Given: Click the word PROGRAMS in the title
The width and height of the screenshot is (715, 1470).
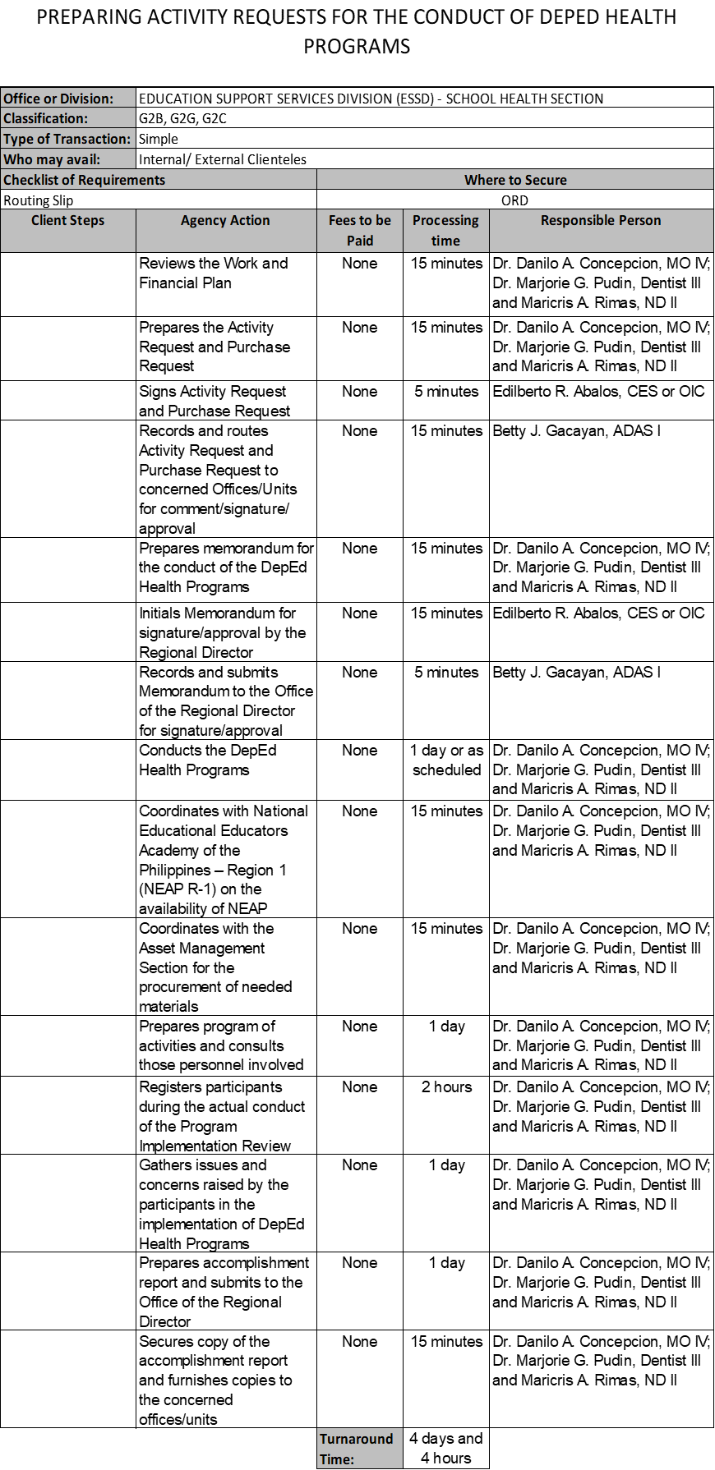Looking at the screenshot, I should pos(357,47).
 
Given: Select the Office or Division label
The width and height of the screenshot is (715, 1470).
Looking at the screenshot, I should pos(58,99).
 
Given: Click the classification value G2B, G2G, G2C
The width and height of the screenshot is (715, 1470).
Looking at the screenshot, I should pos(182,118).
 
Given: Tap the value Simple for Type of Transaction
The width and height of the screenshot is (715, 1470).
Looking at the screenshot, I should pos(159,139).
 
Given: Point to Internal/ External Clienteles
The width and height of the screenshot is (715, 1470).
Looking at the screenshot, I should pos(223,159).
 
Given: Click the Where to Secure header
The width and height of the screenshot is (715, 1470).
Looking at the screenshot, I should pos(515,180).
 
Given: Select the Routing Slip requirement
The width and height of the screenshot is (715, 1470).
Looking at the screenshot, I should pos(39,200).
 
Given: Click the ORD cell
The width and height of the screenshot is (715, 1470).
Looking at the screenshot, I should pos(514,200).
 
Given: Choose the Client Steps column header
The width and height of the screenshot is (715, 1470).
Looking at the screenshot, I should pos(68,220).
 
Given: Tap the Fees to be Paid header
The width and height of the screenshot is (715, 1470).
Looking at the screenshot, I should pos(360,230).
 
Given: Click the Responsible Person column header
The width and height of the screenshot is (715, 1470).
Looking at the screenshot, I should pos(601,220).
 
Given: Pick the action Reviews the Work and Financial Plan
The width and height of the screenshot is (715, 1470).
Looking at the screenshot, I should pos(214,273).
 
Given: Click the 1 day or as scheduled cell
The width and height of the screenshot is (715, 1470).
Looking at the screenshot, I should pos(446,760).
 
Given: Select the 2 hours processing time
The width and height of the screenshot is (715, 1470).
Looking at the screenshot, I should pos(446,1087).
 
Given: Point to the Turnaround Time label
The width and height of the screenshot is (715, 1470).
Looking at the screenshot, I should pos(357,1449).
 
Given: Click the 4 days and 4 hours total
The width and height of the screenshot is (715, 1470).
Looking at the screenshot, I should pos(446,1448).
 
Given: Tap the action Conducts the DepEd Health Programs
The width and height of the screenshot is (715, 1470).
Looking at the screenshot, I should pos(208,760).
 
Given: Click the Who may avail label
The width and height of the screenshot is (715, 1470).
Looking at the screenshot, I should pos(52,159).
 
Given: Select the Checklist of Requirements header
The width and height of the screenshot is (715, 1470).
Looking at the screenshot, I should pos(85,180).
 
